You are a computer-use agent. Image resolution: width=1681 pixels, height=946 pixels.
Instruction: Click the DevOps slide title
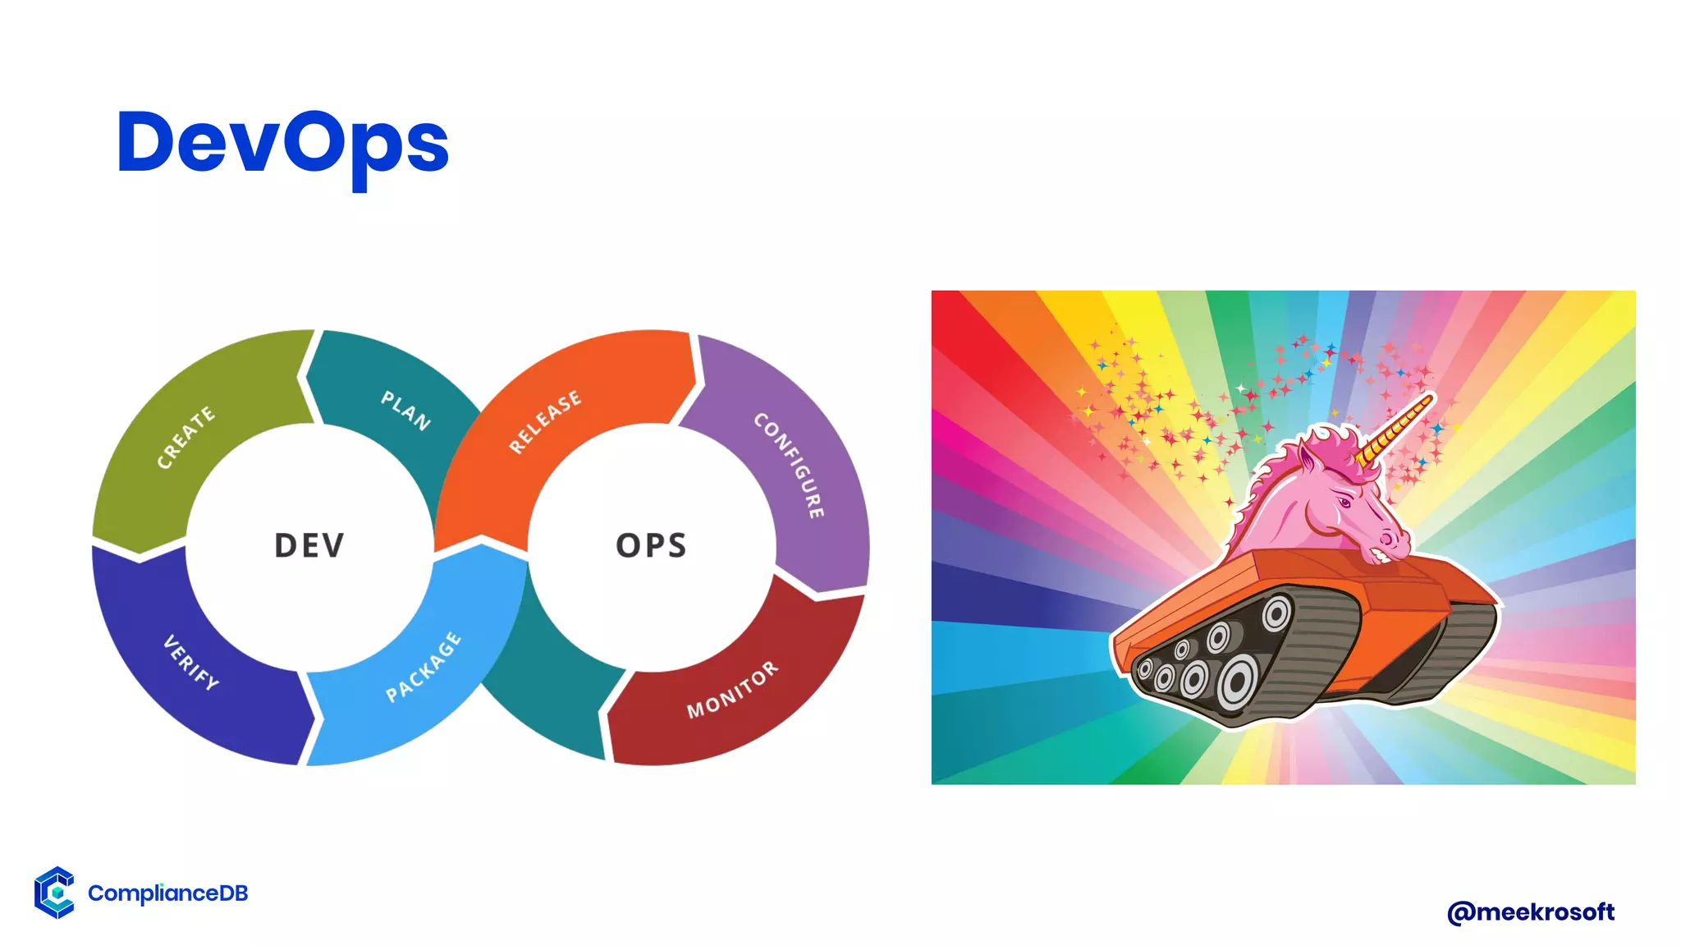(x=282, y=144)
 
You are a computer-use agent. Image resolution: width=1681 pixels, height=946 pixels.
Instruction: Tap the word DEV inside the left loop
(x=309, y=546)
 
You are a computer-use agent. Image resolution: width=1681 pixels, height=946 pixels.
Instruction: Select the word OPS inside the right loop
(x=651, y=546)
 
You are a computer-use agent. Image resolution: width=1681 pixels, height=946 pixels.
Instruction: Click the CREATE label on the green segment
(x=186, y=437)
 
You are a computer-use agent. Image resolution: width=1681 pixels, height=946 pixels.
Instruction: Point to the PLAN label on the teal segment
(x=405, y=411)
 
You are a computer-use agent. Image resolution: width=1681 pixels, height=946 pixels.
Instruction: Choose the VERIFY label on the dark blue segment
(x=191, y=662)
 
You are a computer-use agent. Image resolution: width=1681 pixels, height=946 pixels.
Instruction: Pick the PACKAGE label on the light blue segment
(x=424, y=667)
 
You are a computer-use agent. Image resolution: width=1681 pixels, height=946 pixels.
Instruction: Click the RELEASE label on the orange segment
(x=544, y=421)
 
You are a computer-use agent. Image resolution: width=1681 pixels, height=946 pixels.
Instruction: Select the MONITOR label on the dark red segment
(x=732, y=690)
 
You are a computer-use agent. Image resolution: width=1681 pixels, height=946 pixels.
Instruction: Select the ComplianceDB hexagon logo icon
(x=54, y=892)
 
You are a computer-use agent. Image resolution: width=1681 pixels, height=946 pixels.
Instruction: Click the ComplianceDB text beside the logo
(x=167, y=893)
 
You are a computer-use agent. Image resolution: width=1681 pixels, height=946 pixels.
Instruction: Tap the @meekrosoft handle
(x=1530, y=912)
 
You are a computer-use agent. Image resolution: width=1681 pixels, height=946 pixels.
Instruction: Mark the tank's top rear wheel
(x=1276, y=613)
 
